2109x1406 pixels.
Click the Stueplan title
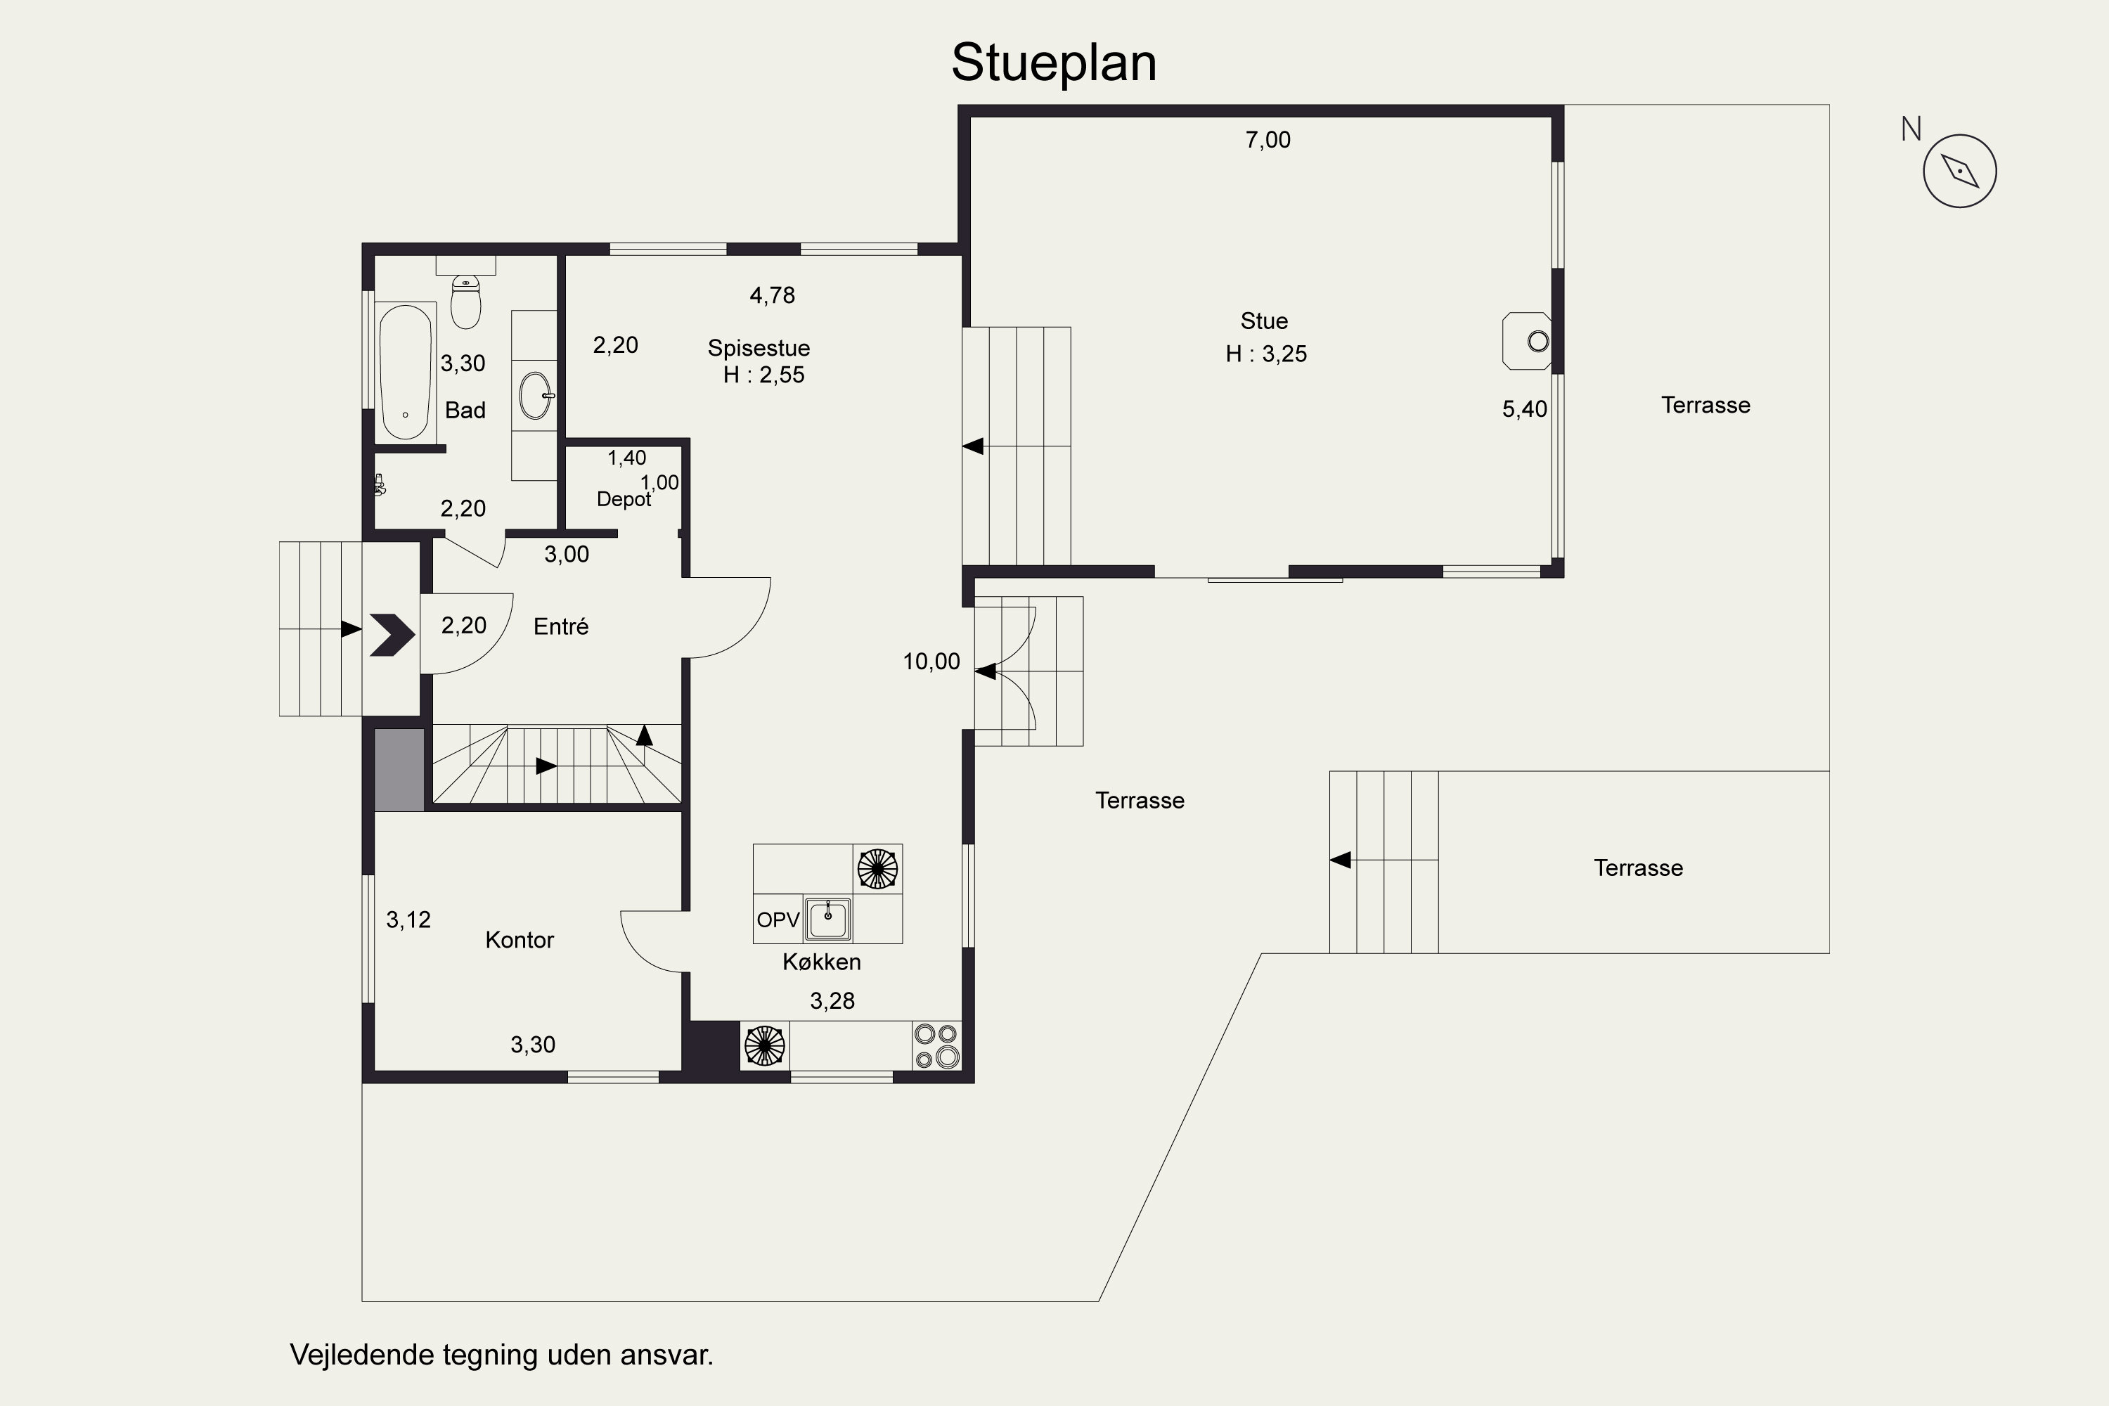[1054, 63]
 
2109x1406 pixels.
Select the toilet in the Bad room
[465, 302]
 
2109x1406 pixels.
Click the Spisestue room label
[759, 348]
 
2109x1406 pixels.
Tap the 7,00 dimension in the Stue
[1268, 140]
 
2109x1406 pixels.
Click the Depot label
[623, 499]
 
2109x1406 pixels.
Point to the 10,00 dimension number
[931, 662]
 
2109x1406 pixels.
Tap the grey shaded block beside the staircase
[399, 770]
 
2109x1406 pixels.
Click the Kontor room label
[520, 940]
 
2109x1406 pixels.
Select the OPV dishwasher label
[778, 920]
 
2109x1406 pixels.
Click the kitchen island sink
[827, 919]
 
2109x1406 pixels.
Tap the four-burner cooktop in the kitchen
[936, 1045]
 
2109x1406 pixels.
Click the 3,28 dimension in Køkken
[832, 1000]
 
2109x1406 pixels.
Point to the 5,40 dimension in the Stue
[1524, 410]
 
